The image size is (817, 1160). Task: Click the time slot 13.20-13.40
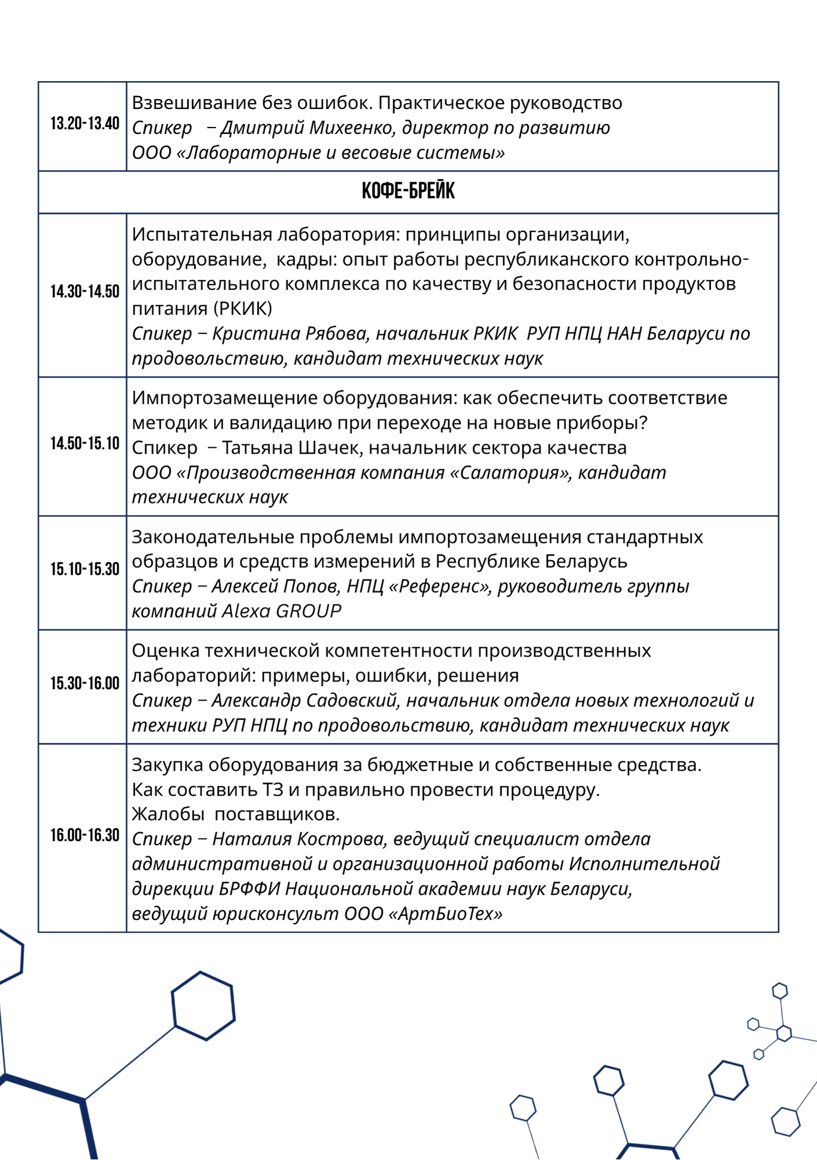(x=85, y=124)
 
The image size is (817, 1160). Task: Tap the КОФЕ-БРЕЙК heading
(x=408, y=191)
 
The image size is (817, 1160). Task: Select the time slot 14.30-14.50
(x=85, y=291)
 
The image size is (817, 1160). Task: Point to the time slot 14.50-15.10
(x=85, y=444)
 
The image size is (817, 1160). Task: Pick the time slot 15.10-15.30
(x=85, y=569)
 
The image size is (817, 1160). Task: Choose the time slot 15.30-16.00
(x=85, y=683)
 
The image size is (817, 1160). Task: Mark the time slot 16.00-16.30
(x=85, y=835)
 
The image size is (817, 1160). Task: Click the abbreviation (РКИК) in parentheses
(x=242, y=309)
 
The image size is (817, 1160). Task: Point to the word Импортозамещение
(x=224, y=398)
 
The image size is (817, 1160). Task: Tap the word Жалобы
(x=168, y=814)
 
